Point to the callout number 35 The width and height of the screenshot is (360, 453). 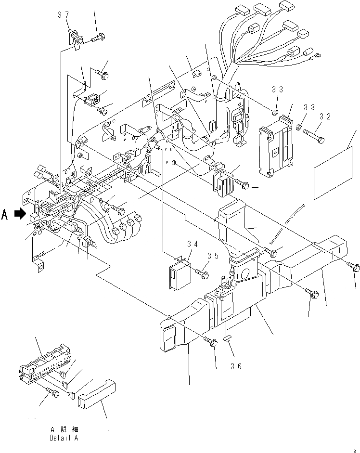coord(213,256)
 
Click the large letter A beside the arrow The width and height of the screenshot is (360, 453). coord(5,215)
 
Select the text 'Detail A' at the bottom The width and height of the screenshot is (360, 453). coord(63,438)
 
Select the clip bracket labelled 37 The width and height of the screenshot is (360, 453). coord(75,37)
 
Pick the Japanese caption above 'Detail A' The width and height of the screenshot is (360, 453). coord(65,429)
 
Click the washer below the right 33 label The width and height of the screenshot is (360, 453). coord(298,128)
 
